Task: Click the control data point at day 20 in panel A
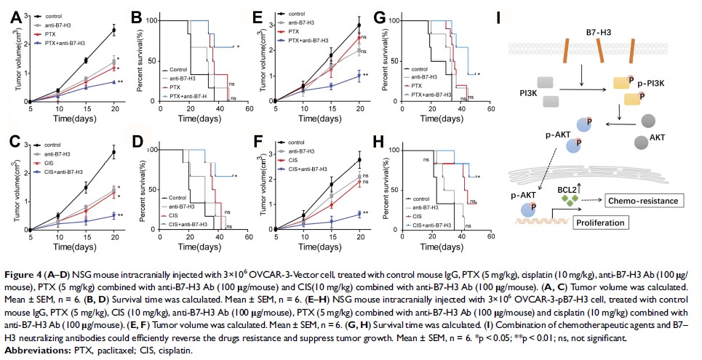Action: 113,30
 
